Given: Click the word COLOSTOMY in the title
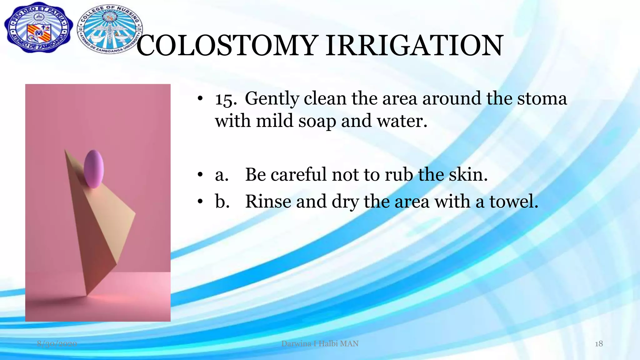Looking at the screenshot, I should click(x=227, y=46).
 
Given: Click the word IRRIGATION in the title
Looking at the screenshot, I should click(x=414, y=46).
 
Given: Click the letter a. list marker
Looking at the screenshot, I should click(x=221, y=175).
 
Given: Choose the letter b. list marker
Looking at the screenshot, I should click(x=222, y=201).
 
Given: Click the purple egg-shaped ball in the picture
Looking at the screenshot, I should click(x=94, y=169).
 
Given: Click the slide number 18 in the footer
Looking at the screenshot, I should click(x=598, y=344).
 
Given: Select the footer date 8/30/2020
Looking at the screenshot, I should click(x=57, y=344).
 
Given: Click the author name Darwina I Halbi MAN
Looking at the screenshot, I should click(x=320, y=344).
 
